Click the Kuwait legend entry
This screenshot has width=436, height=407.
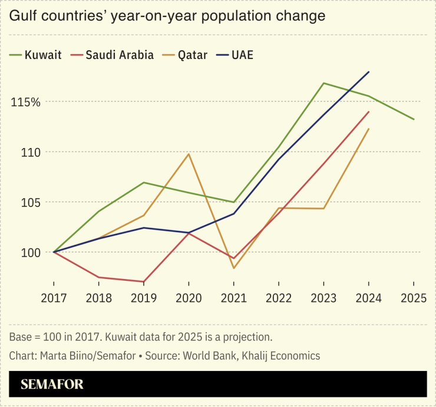pos(35,55)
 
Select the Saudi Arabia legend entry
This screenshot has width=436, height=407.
pos(113,55)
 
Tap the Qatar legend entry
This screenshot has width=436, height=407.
pos(186,55)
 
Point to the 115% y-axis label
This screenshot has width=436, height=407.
pos(25,102)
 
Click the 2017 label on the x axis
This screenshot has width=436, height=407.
pos(54,298)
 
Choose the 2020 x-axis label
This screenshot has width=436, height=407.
pos(189,298)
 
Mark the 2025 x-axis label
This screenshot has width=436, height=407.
pos(413,298)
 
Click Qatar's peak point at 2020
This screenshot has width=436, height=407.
pos(189,154)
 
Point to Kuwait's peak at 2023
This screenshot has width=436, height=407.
pos(323,83)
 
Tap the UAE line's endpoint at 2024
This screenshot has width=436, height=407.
pos(369,72)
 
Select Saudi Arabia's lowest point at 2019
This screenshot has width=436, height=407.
pos(144,282)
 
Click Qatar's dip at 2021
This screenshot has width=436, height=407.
pos(233,268)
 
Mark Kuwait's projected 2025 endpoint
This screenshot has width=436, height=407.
pos(414,119)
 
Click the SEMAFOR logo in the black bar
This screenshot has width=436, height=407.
pos(52,385)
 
